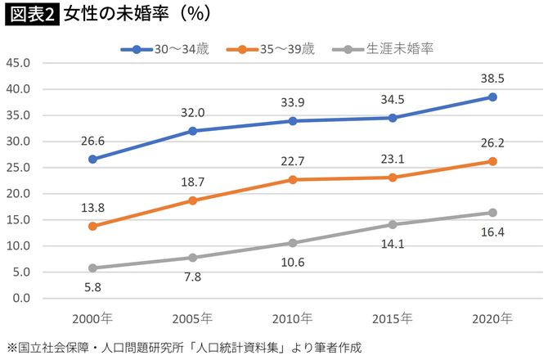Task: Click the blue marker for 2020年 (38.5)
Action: (x=492, y=97)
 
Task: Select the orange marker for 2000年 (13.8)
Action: (x=92, y=226)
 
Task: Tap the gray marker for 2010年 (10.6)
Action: (x=292, y=243)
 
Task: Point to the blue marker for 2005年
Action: (x=192, y=131)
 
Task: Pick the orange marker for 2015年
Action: (x=393, y=178)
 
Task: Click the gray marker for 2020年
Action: (x=492, y=213)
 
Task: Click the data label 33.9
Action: (x=292, y=103)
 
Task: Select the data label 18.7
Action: (x=192, y=182)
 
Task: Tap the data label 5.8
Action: (x=92, y=288)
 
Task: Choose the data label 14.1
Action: (x=393, y=243)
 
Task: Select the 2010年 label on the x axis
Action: (x=292, y=318)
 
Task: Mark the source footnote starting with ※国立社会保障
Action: (x=183, y=347)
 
